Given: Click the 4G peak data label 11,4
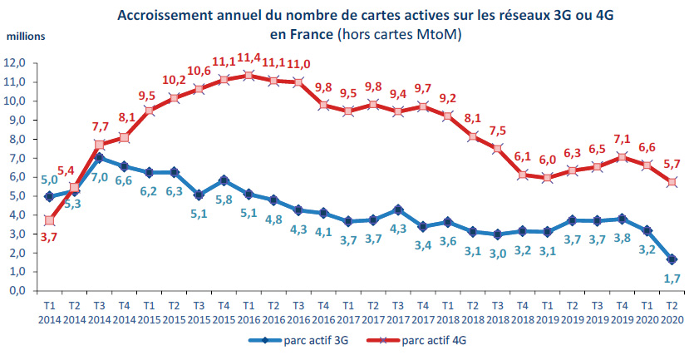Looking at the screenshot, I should point(248,57).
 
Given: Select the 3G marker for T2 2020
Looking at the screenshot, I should point(671,259).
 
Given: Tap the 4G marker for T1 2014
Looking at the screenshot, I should point(49,220).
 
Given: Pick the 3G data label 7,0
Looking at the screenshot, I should point(101,178).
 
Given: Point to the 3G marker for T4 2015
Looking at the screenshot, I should point(223,180).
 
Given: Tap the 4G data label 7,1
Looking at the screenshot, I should point(622,139).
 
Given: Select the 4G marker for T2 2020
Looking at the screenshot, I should point(671,182).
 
